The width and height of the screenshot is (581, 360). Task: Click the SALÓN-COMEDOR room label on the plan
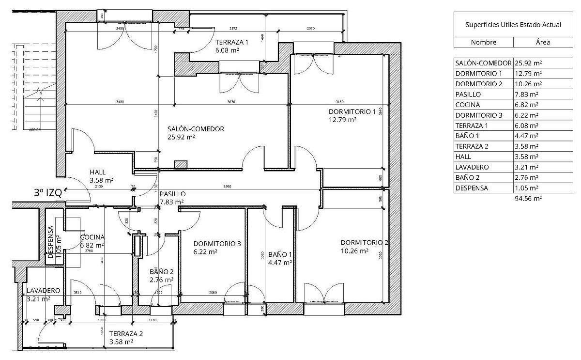196,129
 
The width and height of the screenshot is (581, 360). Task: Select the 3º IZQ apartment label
48,192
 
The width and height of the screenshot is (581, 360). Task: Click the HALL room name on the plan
98,172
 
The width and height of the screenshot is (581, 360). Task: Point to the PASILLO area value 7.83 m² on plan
171,202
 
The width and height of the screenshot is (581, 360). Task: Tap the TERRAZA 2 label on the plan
126,334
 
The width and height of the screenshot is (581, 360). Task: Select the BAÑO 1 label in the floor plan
280,254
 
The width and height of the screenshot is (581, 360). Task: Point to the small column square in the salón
181,165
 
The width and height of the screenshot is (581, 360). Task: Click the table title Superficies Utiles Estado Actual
513,25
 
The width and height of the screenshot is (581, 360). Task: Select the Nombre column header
483,42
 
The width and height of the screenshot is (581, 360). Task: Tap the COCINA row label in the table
468,105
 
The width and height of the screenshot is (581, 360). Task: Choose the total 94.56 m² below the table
528,198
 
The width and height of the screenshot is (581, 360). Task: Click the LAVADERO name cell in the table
472,167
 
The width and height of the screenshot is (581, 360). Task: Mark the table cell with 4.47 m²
527,136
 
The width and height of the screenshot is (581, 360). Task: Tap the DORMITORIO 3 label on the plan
217,244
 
